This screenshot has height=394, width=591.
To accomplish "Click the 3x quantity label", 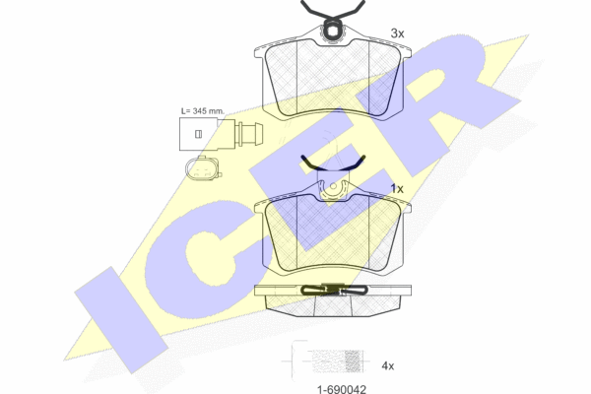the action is pyautogui.click(x=397, y=33).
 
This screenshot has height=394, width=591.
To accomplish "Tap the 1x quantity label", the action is pyautogui.click(x=397, y=188).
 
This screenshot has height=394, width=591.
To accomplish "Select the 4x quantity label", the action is pyautogui.click(x=388, y=365).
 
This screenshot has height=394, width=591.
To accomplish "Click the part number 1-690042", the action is pyautogui.click(x=342, y=389).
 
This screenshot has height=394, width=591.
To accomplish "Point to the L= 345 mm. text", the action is pyautogui.click(x=202, y=111).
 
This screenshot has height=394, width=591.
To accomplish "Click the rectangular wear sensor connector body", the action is pyautogui.click(x=199, y=134).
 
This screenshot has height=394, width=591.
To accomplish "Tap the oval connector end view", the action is pyautogui.click(x=202, y=167).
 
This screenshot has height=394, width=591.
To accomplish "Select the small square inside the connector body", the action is pyautogui.click(x=198, y=134).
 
